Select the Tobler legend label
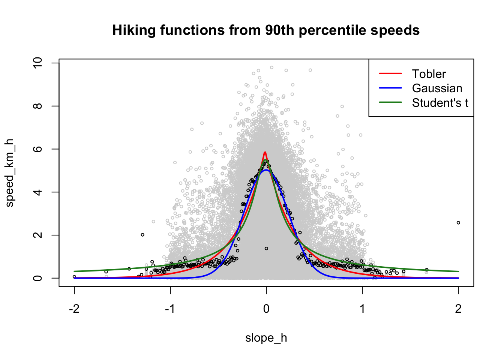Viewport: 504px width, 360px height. pos(429,74)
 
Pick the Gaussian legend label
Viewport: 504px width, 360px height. pos(437,88)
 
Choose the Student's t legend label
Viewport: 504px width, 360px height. pos(440,103)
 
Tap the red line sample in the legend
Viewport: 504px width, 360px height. pos(390,74)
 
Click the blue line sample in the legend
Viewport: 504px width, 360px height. pos(390,88)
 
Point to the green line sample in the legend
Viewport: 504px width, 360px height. pos(390,102)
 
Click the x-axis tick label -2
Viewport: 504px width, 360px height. pos(74,309)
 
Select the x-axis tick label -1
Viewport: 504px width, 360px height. pos(170,309)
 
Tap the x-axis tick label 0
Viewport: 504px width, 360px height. pos(266,309)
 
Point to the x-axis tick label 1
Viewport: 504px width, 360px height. pos(362,309)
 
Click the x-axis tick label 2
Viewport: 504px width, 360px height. pos(458,309)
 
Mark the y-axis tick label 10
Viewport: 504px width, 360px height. pos(37,63)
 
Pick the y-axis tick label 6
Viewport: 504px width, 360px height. pos(37,149)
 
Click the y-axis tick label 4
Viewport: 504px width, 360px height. pos(37,192)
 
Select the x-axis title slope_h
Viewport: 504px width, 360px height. pos(266,338)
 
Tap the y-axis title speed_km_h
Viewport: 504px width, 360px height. pos(10,173)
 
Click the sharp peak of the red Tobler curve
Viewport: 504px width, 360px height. pos(265,152)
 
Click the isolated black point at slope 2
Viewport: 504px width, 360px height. pos(458,223)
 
